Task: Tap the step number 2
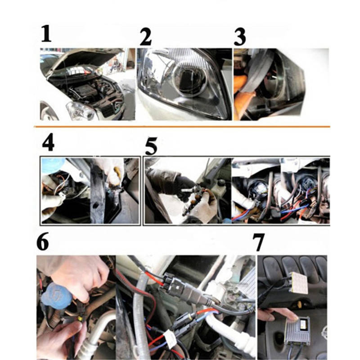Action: (146, 36)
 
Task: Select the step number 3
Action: (240, 37)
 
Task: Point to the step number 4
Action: (48, 142)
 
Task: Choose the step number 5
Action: (151, 146)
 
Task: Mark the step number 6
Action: (43, 242)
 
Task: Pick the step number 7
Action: (258, 243)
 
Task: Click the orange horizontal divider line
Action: (182, 126)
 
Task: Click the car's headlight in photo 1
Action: (81, 111)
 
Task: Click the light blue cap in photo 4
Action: (53, 165)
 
